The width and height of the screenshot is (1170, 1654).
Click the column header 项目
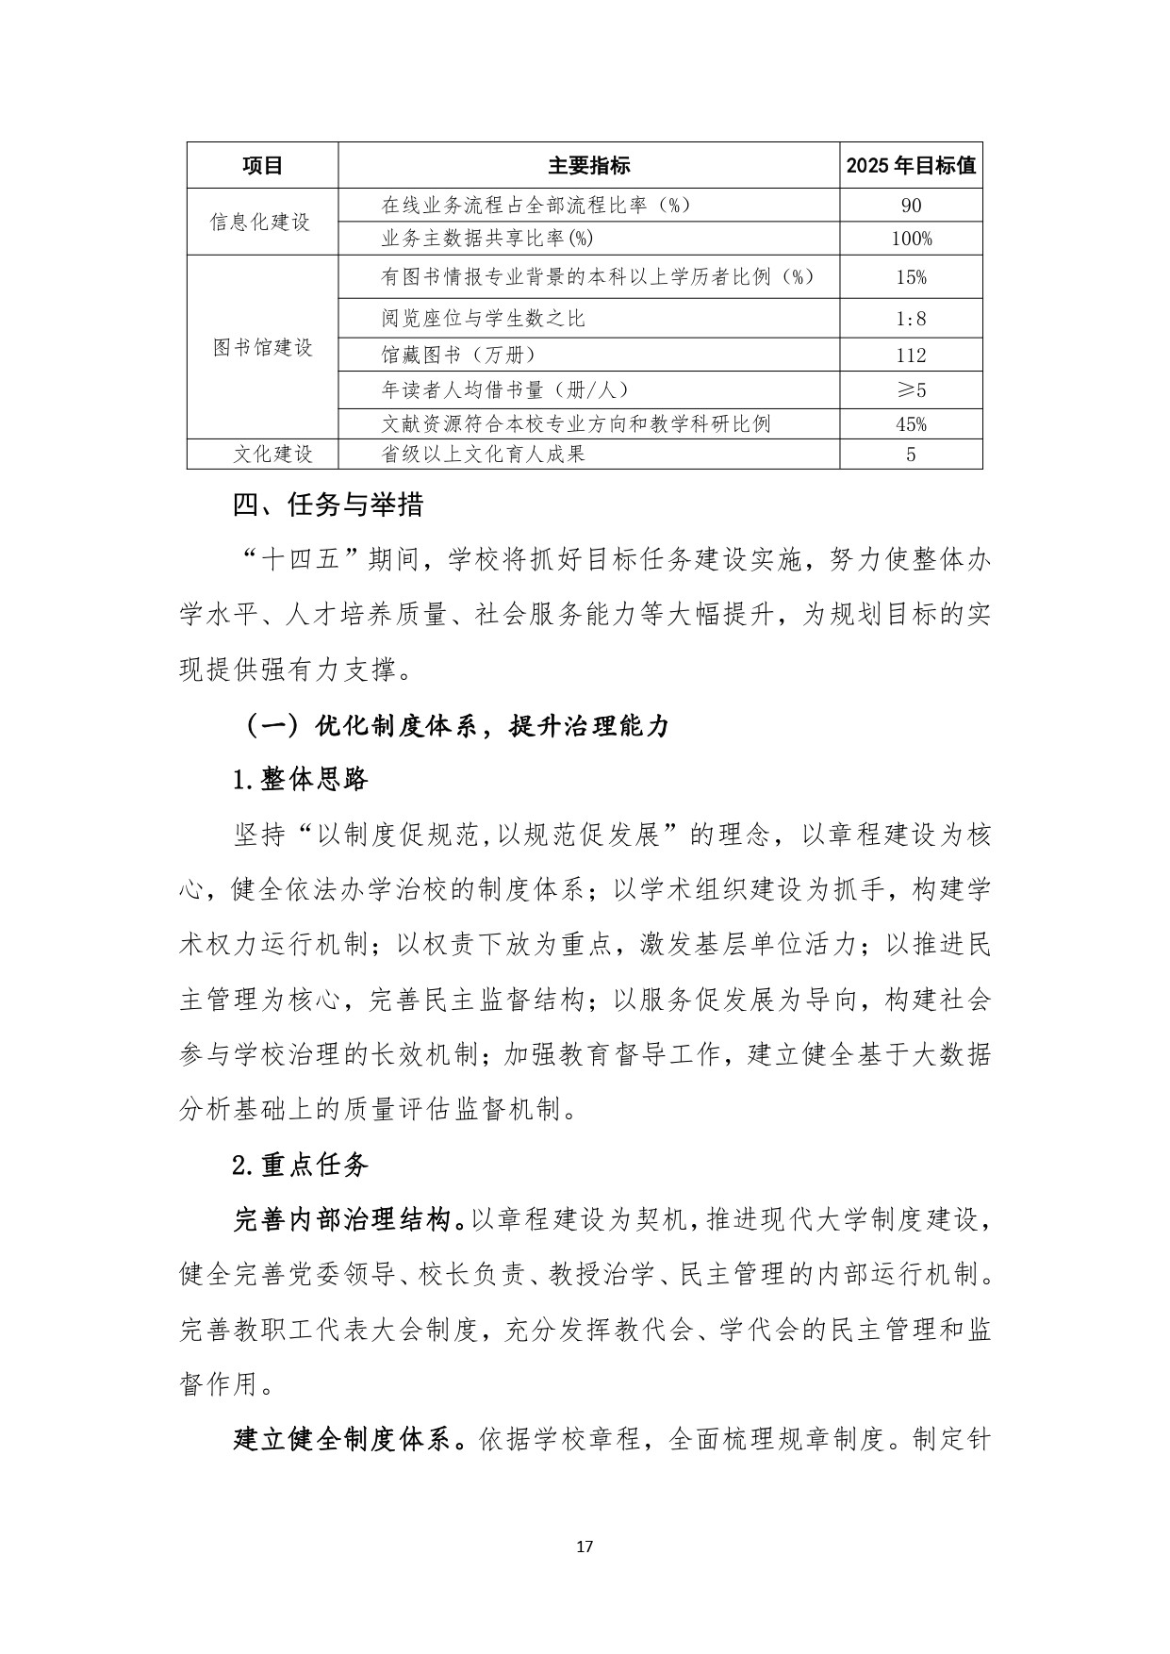point(262,166)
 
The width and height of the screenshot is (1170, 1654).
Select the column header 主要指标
point(589,166)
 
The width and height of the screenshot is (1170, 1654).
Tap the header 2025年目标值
point(911,166)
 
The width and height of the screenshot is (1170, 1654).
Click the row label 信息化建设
point(260,223)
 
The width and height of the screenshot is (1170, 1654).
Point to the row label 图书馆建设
point(262,348)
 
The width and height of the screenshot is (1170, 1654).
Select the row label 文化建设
point(272,455)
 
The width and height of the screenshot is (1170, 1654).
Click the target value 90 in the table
point(911,206)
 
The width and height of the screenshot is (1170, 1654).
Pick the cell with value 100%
point(911,239)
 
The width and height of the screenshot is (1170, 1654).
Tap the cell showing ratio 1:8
point(911,319)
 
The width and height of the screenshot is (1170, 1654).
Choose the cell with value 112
point(911,356)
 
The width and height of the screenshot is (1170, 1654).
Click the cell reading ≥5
point(911,389)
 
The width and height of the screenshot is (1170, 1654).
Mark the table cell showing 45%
point(911,424)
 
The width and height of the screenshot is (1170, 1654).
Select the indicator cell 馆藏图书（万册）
point(459,355)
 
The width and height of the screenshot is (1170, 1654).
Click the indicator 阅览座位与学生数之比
point(484,319)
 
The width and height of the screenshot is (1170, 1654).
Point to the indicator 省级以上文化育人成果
point(484,455)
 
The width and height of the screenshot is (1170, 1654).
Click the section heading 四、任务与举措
point(328,506)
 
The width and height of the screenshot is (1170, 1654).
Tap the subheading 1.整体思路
point(300,780)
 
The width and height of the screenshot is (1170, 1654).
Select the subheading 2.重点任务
point(300,1166)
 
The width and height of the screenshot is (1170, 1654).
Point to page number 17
point(585,1546)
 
